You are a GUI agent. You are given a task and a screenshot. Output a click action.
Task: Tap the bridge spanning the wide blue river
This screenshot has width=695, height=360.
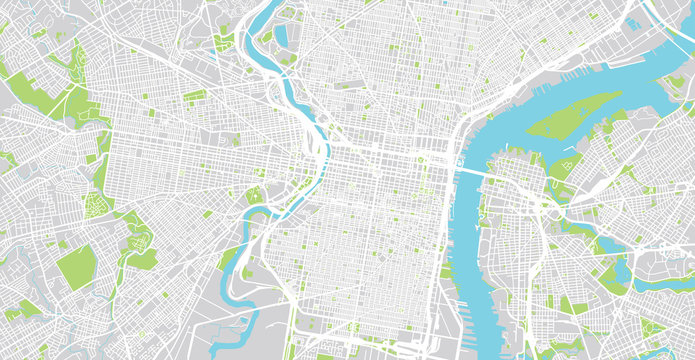pos(469,171)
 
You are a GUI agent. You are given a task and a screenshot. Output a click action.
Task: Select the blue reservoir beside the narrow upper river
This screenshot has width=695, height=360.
pos(282,35)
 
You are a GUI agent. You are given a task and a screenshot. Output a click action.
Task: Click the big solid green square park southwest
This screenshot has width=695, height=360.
pos(74,267)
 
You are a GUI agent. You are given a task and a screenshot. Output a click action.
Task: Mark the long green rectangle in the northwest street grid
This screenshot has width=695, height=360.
pos(195,96)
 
